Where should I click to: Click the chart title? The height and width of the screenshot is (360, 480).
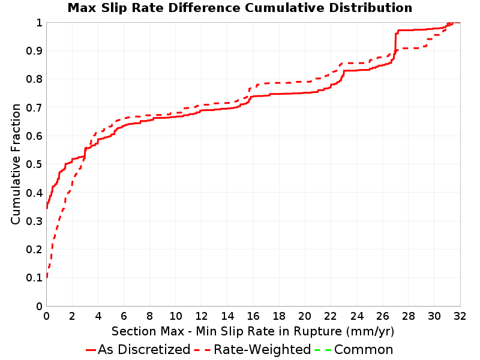240,8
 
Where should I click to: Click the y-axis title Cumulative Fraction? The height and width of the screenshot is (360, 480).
16,164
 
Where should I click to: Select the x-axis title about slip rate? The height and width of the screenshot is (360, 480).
253,331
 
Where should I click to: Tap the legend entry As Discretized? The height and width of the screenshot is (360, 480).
144,350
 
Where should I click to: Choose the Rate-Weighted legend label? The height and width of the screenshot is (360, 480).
262,350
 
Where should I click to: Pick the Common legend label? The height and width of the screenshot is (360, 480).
364,350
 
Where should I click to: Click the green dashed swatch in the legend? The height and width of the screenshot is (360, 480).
323,350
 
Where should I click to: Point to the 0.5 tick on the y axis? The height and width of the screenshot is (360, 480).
34,164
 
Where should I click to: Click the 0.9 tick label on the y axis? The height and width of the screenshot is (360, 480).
34,51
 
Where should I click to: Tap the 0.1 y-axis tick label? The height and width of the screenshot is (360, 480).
34,278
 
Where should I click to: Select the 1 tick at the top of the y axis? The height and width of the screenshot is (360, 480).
39,23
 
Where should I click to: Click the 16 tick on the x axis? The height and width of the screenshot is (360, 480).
253,316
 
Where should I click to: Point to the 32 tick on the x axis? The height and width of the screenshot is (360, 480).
460,316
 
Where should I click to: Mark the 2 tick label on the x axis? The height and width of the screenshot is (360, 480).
72,316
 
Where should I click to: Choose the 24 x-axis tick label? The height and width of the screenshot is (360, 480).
356,316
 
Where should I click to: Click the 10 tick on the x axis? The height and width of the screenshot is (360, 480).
176,316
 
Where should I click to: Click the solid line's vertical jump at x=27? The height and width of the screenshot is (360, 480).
395,43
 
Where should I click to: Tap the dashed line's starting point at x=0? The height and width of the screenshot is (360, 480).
47,277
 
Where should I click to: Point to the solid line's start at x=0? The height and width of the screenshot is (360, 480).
47,208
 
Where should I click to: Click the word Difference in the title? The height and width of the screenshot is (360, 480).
204,8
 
